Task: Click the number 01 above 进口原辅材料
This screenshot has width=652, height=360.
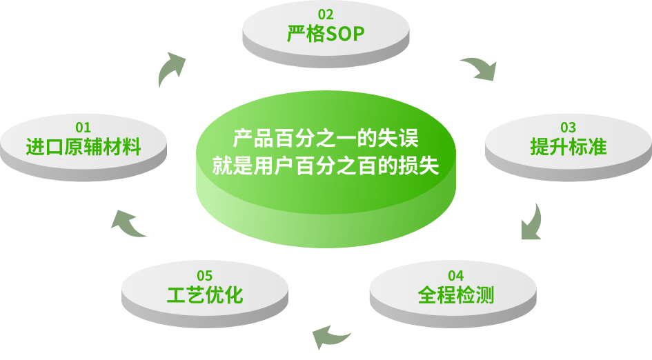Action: [x=83, y=128]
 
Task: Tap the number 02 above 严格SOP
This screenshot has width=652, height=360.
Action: [x=325, y=14]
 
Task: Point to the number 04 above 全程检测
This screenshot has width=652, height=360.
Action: [x=455, y=277]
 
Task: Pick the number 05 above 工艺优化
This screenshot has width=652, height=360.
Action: [x=204, y=277]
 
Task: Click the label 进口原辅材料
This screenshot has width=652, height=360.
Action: [x=83, y=147]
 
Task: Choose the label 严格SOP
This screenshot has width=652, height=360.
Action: [x=325, y=34]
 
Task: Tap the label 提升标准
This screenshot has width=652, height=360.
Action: [x=568, y=147]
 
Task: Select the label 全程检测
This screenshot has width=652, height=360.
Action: [x=455, y=296]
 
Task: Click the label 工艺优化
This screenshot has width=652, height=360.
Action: [x=204, y=296]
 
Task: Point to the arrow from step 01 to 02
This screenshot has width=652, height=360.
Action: [x=170, y=69]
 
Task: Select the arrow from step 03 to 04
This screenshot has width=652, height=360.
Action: [x=531, y=223]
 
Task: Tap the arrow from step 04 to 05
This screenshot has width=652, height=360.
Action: [x=330, y=336]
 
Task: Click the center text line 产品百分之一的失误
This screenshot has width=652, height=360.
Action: [x=325, y=138]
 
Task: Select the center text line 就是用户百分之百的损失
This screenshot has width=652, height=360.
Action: [x=325, y=167]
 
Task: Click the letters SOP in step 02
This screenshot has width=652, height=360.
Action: [x=344, y=34]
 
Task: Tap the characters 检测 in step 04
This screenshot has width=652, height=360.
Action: [x=475, y=296]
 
